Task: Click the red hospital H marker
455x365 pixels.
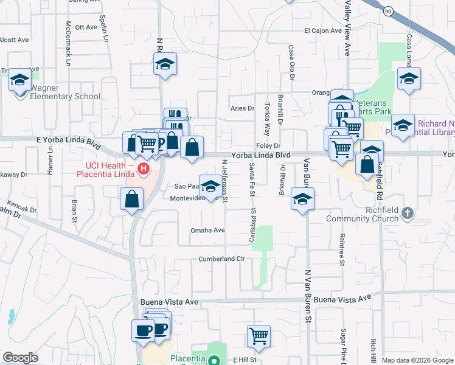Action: coord(144,169)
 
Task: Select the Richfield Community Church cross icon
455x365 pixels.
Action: coord(408,214)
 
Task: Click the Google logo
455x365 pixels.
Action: coord(20,358)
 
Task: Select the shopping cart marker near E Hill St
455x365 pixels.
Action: coord(259,336)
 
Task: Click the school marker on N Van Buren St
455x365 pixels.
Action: coord(302,199)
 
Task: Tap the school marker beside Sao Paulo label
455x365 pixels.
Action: coord(210,186)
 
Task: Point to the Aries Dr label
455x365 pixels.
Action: coord(241,108)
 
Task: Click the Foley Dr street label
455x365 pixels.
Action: coord(268,145)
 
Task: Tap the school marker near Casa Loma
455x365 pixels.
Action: coord(409,78)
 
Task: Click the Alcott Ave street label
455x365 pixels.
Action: coord(15,40)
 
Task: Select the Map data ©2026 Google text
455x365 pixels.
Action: coord(417,360)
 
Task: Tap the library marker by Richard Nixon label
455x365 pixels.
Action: coord(403,125)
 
